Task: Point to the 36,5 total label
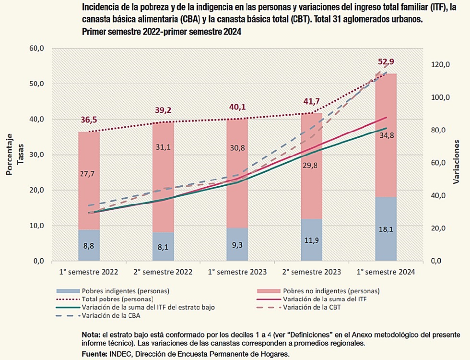coord(89,119)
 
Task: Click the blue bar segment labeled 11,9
coord(312,240)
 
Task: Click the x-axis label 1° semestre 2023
coord(237,272)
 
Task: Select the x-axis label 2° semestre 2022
coord(163,272)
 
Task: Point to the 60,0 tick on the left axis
coord(36,48)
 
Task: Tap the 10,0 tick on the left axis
coord(36,226)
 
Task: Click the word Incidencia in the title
coord(101,8)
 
